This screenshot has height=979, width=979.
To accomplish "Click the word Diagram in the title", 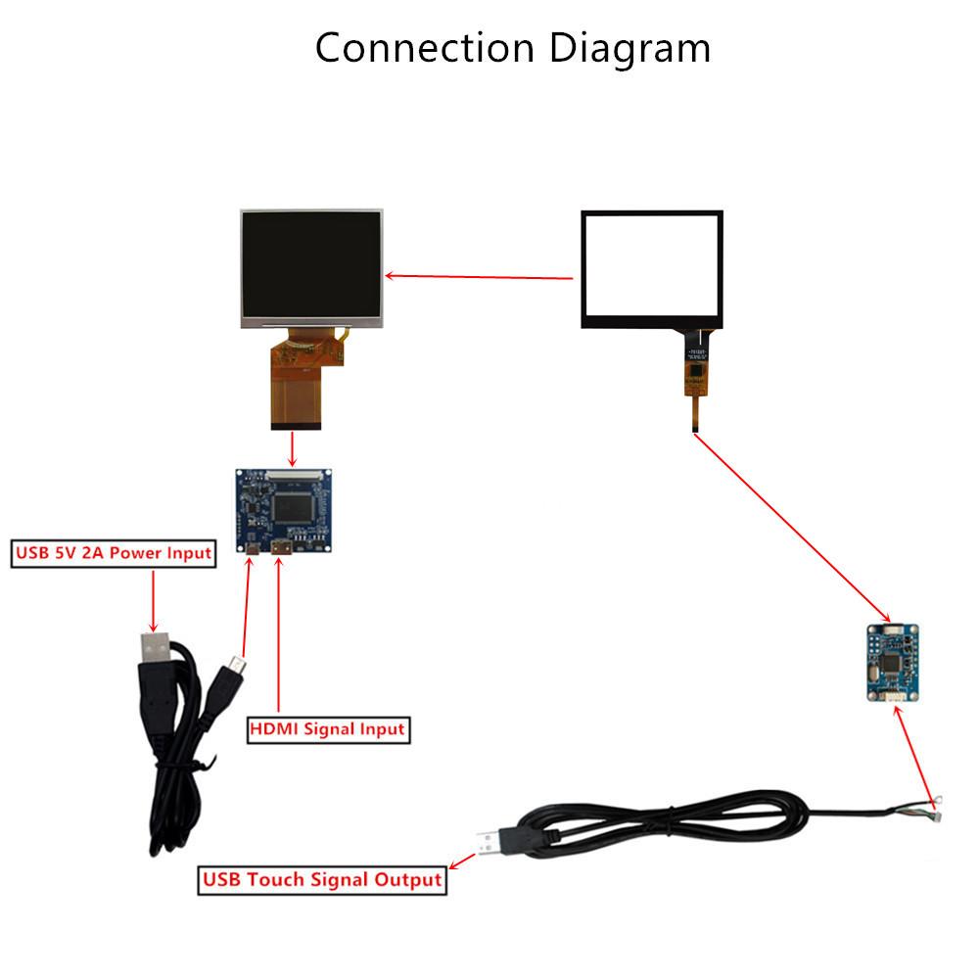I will tap(629, 48).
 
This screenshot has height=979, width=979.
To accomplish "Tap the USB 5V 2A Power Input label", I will tap(113, 553).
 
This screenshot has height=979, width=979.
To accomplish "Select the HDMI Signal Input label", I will tap(327, 729).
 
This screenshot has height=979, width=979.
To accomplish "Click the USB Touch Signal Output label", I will tap(322, 879).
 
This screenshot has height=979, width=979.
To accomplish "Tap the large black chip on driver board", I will tap(295, 506).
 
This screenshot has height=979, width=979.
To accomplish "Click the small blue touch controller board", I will tap(892, 663).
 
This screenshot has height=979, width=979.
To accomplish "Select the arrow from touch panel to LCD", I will tap(480, 276).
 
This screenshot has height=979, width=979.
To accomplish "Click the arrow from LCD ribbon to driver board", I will tap(293, 449).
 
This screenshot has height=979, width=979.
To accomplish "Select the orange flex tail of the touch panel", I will tap(694, 393).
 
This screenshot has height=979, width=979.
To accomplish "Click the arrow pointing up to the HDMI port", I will tap(279, 636).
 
